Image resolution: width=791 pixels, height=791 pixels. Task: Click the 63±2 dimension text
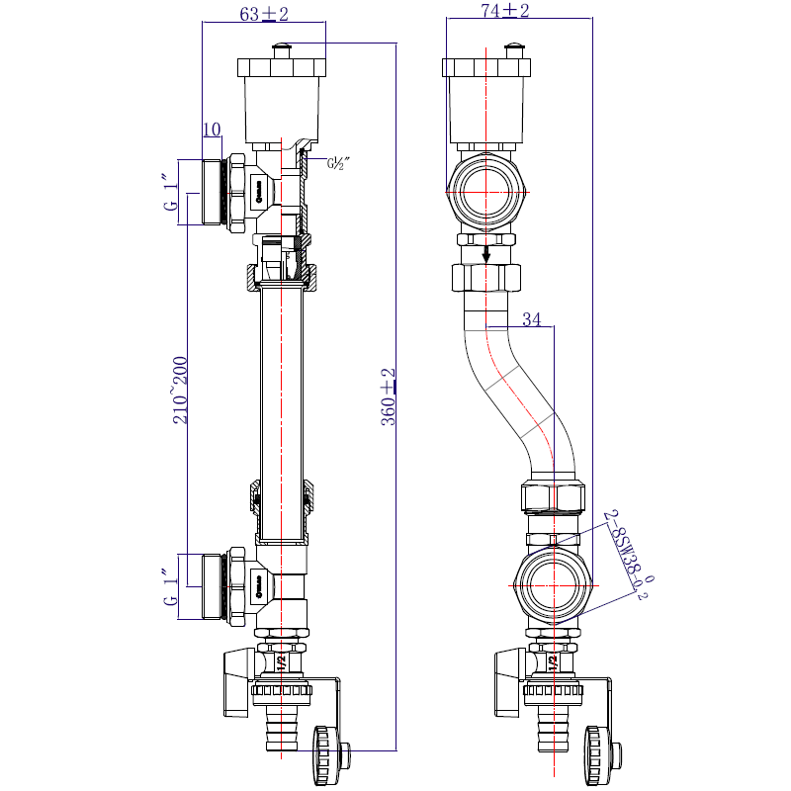pyautogui.click(x=263, y=13)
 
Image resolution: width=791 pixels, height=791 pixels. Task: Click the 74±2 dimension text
pyautogui.click(x=504, y=11)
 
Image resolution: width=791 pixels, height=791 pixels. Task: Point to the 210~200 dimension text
pyautogui.click(x=180, y=391)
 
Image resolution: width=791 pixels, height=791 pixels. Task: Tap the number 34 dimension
pyautogui.click(x=532, y=319)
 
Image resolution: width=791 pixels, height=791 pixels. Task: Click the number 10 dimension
pyautogui.click(x=211, y=130)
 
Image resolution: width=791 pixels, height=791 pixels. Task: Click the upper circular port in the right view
pyautogui.click(x=485, y=191)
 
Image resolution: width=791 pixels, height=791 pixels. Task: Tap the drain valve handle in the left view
pyautogui.click(x=238, y=682)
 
